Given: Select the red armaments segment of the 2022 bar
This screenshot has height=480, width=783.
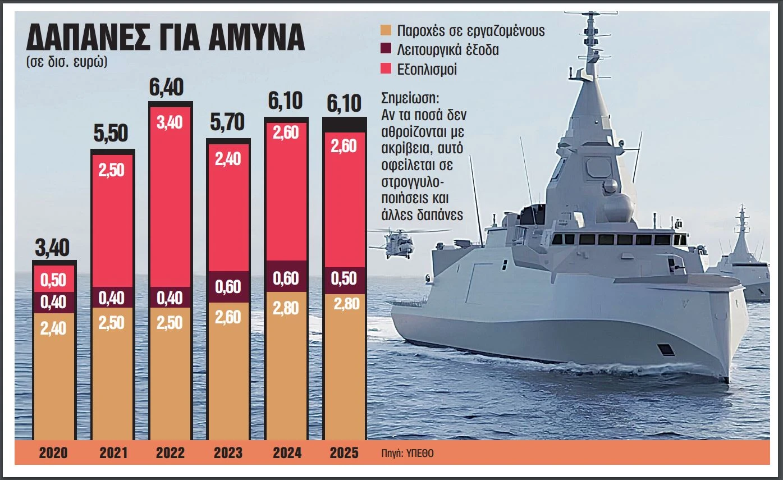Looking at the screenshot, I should coord(170,196).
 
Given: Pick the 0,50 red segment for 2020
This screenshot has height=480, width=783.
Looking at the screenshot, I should coord(54,279).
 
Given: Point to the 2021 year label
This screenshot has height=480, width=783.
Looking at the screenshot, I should coord(113,452).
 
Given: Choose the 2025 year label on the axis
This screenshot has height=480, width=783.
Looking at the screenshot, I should coord(344,452).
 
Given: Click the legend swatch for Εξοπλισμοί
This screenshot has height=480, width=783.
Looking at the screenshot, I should coord(386,70).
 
